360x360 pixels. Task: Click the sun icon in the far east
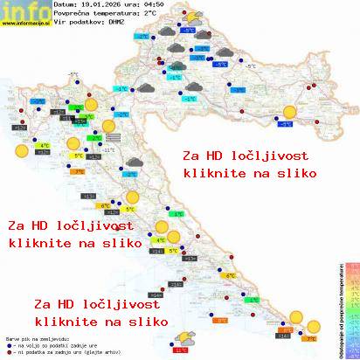[288, 111]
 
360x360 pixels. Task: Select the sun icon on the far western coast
[19, 149]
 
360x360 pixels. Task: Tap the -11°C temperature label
[110, 149]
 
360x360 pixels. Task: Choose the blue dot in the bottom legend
[8, 345]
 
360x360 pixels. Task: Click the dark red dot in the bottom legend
[8, 352]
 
